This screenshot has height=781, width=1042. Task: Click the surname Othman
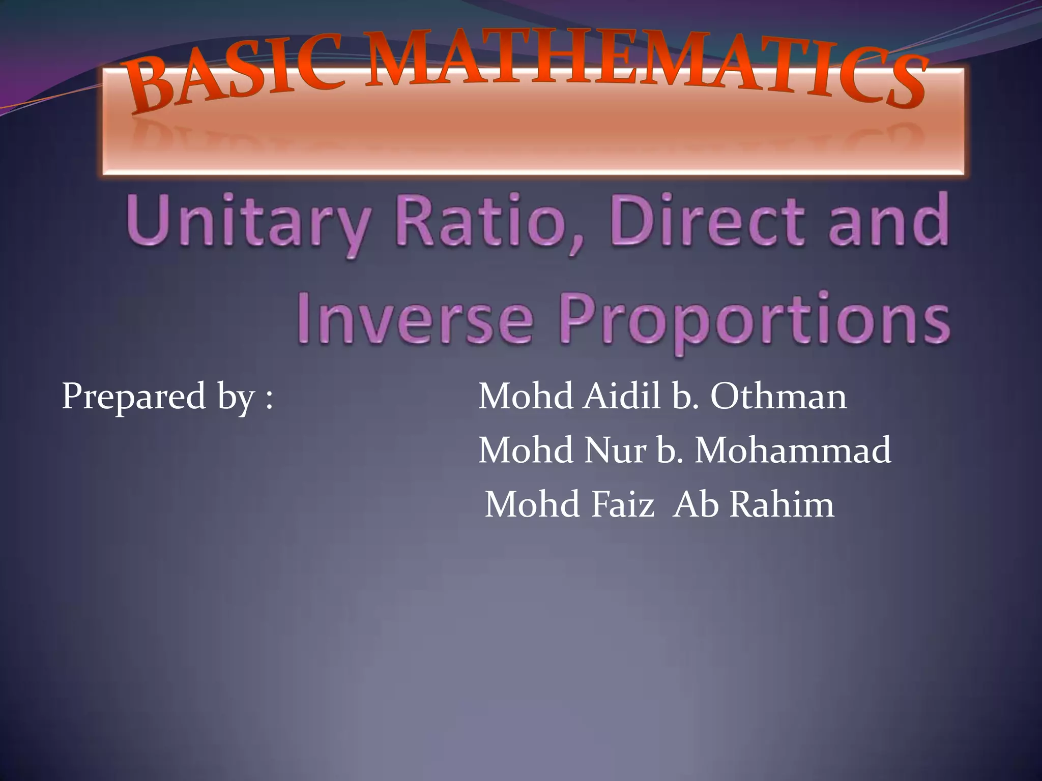point(778,397)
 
